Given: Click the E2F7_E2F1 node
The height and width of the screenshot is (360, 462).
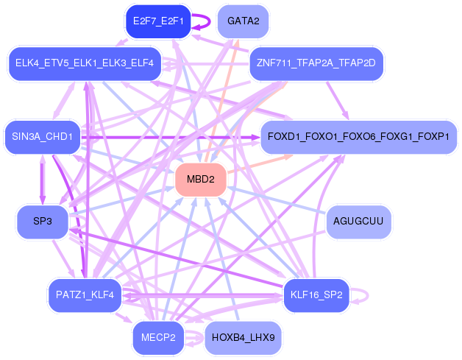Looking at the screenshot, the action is pos(158,21).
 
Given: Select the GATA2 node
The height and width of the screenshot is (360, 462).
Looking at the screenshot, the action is pos(243,21).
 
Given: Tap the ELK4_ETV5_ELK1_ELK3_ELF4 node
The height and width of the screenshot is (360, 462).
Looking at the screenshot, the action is pos(85,63).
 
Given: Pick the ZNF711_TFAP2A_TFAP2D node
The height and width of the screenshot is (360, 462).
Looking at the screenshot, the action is pos(316,63).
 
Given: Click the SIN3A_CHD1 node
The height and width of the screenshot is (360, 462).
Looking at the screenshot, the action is pos(43,137).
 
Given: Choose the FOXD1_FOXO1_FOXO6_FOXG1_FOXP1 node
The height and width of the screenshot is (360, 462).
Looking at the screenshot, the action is pos(358,137).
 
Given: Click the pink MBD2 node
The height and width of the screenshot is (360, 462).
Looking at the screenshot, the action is pos(201,179).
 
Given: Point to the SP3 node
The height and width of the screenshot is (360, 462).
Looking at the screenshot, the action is pos(43,222).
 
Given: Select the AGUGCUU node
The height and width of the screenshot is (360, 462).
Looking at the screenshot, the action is pos(358,222).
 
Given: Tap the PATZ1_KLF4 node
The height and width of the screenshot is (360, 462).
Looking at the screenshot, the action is pos(85,294).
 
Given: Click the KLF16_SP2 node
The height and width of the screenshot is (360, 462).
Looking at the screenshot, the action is pos(316,294).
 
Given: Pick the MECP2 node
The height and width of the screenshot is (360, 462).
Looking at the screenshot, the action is pos(158,337).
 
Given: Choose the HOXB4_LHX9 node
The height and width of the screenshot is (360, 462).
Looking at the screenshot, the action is pos(243,337).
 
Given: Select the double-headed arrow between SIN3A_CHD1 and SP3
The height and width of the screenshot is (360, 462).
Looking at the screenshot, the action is pos(43,179).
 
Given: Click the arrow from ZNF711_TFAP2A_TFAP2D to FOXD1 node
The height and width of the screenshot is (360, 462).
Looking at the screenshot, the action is pos(337,100).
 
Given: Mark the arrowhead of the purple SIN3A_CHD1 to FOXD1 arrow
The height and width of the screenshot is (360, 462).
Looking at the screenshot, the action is pos(256,137).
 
